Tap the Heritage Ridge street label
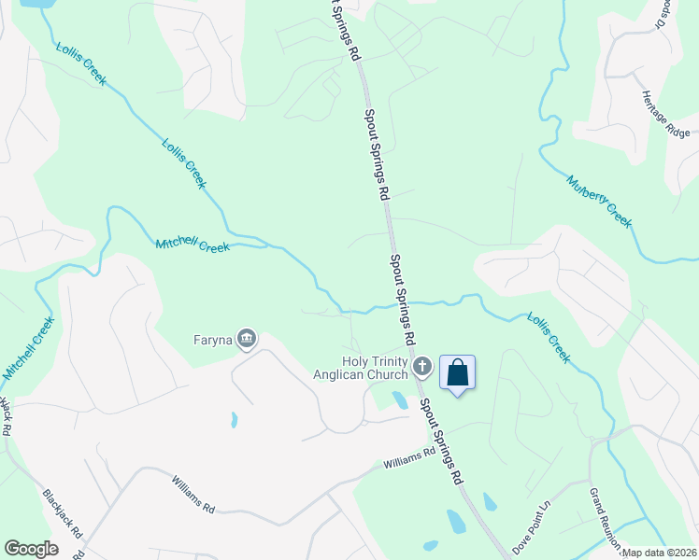(x=667, y=115)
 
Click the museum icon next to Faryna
(x=247, y=338)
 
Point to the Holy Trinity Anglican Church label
(x=375, y=368)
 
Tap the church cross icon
(x=422, y=367)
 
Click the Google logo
(x=31, y=549)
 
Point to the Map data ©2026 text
(x=659, y=553)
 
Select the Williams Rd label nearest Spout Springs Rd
(x=409, y=458)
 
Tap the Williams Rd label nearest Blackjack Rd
(x=193, y=494)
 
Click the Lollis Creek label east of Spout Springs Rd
(x=548, y=336)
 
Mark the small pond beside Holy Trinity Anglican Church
(x=400, y=401)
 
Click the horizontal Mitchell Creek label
(x=193, y=246)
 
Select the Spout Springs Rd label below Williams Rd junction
(x=441, y=441)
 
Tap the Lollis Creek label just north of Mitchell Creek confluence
(x=182, y=163)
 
